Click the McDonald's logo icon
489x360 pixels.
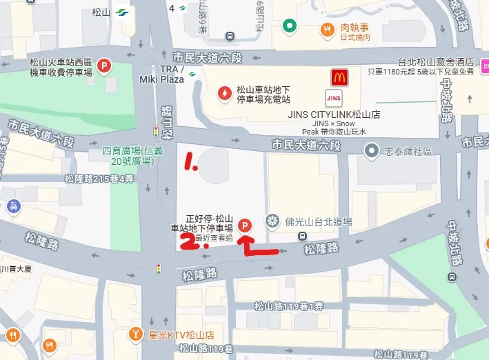point(339,77)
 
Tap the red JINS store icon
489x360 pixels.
point(335,97)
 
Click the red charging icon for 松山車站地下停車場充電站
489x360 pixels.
point(223,93)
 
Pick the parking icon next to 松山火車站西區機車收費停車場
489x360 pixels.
point(103,66)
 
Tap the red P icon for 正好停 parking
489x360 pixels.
point(244,224)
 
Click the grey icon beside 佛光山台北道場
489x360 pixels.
point(274,222)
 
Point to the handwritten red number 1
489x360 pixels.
point(190,163)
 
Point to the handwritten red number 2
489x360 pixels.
point(186,241)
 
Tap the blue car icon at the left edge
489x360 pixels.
point(13,206)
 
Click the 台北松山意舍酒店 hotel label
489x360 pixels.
point(437,61)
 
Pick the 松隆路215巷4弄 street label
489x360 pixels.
point(99,179)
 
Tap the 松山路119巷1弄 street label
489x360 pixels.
point(288,306)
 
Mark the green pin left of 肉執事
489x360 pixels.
point(290,26)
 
